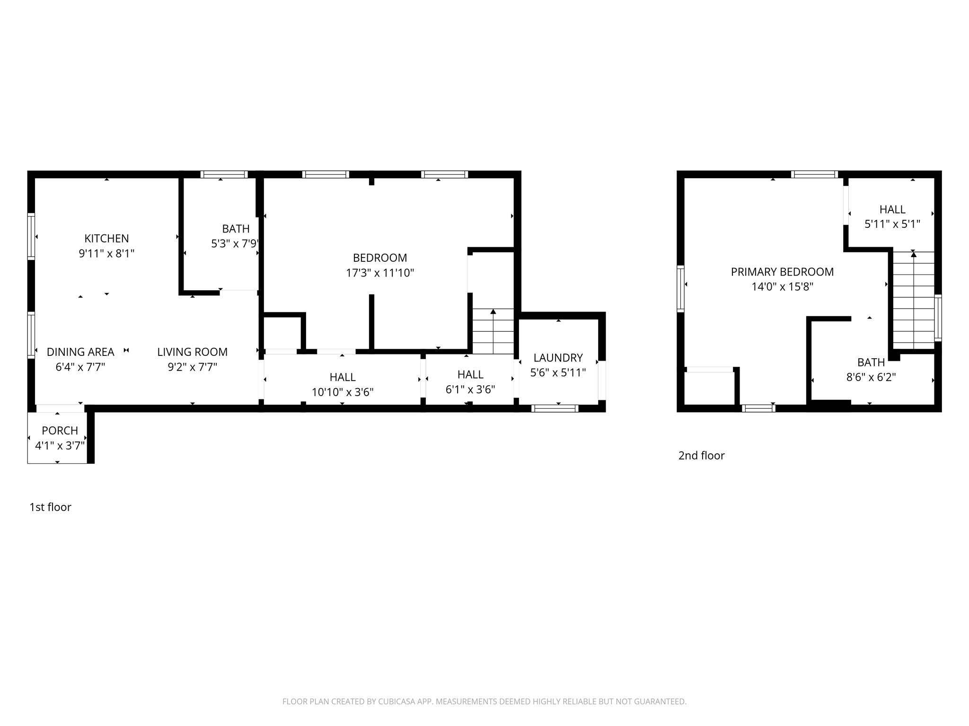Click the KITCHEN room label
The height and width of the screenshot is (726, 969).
click(x=106, y=238)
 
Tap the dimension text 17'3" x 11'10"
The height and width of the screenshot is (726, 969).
click(x=380, y=273)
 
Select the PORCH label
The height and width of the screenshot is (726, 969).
click(x=60, y=431)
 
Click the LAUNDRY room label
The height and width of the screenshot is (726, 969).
click(x=558, y=358)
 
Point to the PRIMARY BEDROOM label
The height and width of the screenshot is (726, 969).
click(x=782, y=272)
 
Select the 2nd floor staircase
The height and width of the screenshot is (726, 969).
click(x=913, y=300)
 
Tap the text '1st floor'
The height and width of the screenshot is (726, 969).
click(x=50, y=507)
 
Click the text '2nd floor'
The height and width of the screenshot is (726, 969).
click(x=701, y=456)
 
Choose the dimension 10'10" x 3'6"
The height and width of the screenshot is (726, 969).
click(x=343, y=392)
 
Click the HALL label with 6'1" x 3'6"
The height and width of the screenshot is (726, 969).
click(x=470, y=374)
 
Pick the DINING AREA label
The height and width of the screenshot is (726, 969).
click(x=80, y=352)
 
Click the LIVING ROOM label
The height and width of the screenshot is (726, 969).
click(x=192, y=352)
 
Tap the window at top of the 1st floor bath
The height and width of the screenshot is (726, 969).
click(x=224, y=174)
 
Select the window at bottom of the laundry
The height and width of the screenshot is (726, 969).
click(x=555, y=408)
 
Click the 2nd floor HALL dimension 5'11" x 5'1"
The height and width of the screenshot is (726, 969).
click(x=892, y=224)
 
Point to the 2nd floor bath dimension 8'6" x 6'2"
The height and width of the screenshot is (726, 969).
click(x=871, y=377)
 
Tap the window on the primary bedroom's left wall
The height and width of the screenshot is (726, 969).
click(x=680, y=289)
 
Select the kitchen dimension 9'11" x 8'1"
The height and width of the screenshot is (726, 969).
click(x=106, y=253)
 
